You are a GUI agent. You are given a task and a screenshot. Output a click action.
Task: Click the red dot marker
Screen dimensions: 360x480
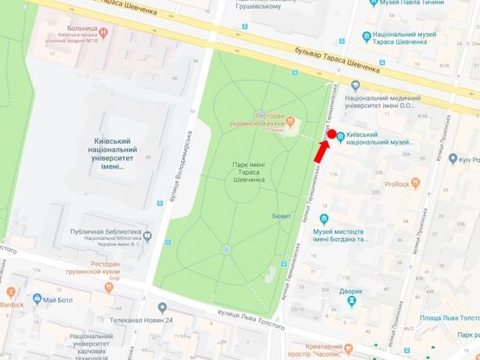click(330, 135)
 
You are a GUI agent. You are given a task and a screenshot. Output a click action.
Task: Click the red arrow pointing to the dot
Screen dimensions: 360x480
click(320, 151)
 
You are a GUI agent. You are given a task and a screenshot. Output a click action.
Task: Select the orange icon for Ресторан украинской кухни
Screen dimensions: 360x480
click(291, 119)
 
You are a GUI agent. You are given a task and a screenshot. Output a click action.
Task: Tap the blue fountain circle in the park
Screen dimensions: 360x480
click(226, 249)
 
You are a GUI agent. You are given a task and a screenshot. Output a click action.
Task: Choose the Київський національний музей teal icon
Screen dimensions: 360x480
click(340, 136)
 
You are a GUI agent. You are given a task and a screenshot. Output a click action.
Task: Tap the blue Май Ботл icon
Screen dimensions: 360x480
click(37, 299)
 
